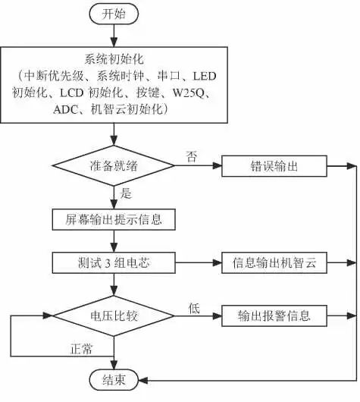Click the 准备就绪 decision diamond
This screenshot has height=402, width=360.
coord(113,166)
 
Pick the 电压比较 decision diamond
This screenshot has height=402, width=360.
coord(113,314)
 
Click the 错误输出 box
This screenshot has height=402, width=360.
coord(274,166)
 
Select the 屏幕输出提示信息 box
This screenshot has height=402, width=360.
coord(114,219)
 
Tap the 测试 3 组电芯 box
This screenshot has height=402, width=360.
coord(114,262)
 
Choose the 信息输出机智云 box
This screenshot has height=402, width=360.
coord(274,262)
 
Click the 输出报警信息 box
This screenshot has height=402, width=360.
coord(274,314)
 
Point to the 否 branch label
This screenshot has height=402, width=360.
coord(191,156)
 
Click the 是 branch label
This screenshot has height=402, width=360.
coord(126,193)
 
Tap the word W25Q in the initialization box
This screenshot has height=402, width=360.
coord(195,93)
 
